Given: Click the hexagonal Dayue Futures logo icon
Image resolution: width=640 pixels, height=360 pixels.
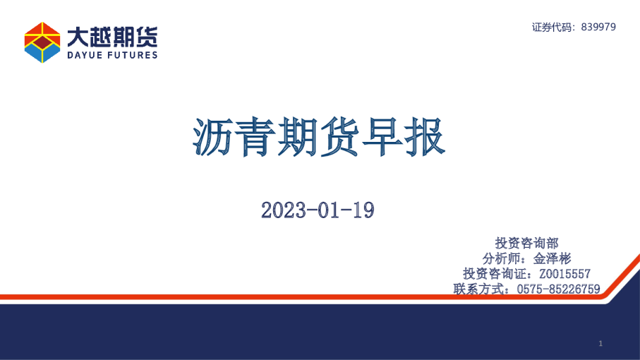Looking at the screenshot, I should pyautogui.click(x=42, y=42).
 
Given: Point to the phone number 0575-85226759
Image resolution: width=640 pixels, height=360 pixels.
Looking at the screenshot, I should pyautogui.click(x=557, y=289).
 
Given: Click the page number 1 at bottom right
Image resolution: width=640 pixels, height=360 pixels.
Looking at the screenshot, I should pyautogui.click(x=600, y=344).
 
